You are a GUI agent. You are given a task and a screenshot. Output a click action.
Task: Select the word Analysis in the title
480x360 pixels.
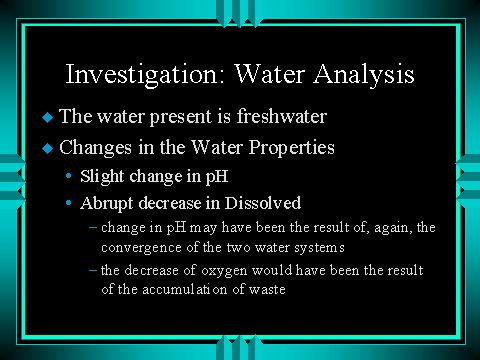364,74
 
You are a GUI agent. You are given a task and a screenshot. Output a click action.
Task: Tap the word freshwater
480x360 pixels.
282,116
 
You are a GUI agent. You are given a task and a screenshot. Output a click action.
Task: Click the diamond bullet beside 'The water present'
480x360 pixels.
48,117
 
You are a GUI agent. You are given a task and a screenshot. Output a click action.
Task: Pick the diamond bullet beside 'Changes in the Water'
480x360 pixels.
48,148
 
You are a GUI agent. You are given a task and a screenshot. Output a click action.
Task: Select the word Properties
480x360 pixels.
292,148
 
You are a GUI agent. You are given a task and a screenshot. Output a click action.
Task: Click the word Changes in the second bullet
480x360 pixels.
95,148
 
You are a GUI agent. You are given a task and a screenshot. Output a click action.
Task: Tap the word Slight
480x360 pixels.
102,177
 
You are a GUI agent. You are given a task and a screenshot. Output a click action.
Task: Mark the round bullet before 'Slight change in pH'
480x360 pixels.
69,175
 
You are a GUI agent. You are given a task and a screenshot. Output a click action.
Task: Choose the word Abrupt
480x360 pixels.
107,204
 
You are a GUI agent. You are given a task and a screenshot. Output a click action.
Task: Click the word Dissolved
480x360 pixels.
263,203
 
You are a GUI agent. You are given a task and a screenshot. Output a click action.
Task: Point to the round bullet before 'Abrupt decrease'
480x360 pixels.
69,202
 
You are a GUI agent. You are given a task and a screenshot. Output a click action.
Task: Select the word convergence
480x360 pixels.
141,248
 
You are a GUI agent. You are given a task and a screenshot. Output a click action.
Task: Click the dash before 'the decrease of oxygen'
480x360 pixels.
94,270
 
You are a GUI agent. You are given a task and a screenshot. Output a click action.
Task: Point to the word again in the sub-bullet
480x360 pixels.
393,228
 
